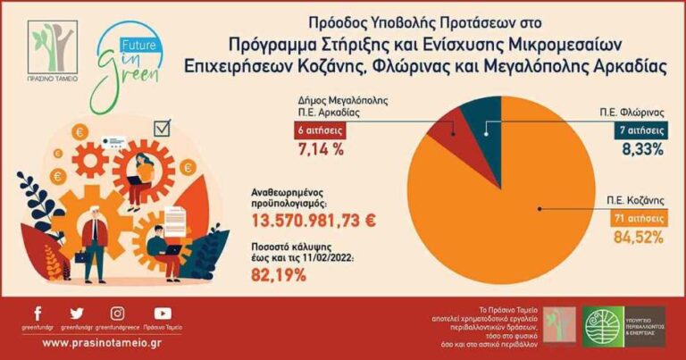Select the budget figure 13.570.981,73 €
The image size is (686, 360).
[x=314, y=220]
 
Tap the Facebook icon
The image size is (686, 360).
[x=37, y=314]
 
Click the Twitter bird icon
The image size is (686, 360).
[x=76, y=314]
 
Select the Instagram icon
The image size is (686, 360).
[x=117, y=314]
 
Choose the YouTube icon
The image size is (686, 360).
[x=162, y=314]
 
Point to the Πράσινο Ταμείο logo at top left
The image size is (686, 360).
[x=52, y=50]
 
